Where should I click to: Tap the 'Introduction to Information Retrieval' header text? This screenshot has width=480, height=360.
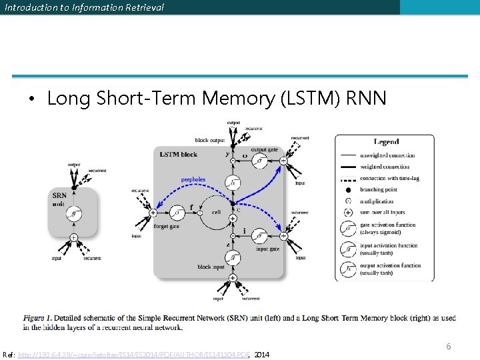(84, 7)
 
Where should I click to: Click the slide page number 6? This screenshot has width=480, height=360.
(448, 346)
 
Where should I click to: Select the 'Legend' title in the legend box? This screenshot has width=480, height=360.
(387, 142)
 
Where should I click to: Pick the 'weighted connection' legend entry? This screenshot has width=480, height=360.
(387, 167)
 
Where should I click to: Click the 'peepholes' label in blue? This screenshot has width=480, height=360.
(193, 179)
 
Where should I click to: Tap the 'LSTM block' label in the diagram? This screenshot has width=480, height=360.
(179, 155)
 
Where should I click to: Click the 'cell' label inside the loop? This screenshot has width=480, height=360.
(215, 213)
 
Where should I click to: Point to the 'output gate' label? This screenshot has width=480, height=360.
(264, 150)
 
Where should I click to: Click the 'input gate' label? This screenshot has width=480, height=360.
(267, 249)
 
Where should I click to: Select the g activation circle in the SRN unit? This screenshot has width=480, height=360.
(74, 214)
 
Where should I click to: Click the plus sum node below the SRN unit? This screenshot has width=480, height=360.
(74, 237)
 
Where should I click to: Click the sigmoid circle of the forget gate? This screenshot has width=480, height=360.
(177, 213)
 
